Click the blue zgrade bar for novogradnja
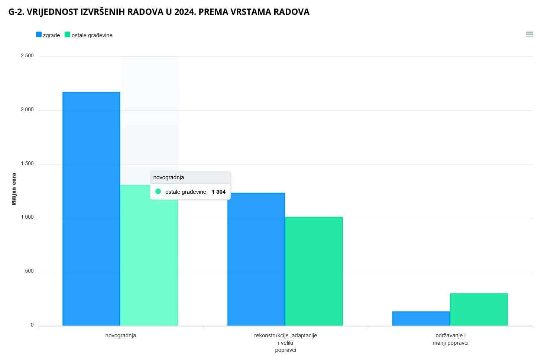[x=91, y=209]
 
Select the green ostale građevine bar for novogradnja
[x=149, y=260]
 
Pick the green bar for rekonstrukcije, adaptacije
[x=314, y=271]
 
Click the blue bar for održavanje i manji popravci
[x=421, y=319]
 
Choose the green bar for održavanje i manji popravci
[x=479, y=309]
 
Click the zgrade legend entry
[x=48, y=35]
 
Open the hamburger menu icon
[x=529, y=34]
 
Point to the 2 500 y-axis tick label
[x=27, y=56]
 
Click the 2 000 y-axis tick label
[x=27, y=110]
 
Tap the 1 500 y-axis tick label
[x=27, y=164]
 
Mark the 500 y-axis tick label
[x=29, y=271]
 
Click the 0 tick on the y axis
[x=32, y=325]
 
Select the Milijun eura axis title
[x=14, y=189]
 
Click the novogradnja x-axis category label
[x=120, y=335]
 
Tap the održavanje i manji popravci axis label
[x=450, y=339]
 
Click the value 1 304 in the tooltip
[x=218, y=192]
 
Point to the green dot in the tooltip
[x=158, y=192]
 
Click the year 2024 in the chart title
[x=185, y=12]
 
